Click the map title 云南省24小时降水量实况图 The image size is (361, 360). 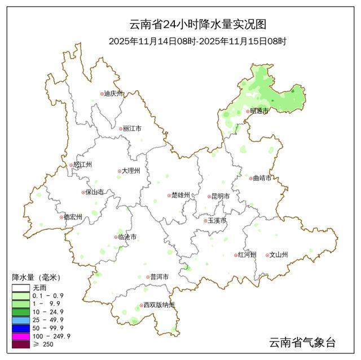197,24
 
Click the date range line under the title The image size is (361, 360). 197,41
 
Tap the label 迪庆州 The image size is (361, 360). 114,94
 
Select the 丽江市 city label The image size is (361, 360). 132,128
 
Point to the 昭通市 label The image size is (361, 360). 259,111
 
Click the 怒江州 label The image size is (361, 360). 82,165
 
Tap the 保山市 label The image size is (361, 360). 95,192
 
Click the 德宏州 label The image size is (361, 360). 73,217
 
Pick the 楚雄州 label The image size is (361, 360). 180,195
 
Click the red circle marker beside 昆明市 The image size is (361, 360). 208,197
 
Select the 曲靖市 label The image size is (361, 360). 262,178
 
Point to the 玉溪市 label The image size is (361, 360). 217,220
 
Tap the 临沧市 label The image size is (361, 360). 127,237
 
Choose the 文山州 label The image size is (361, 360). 279,255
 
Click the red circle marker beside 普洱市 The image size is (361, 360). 147,277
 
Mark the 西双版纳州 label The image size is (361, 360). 159,305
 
